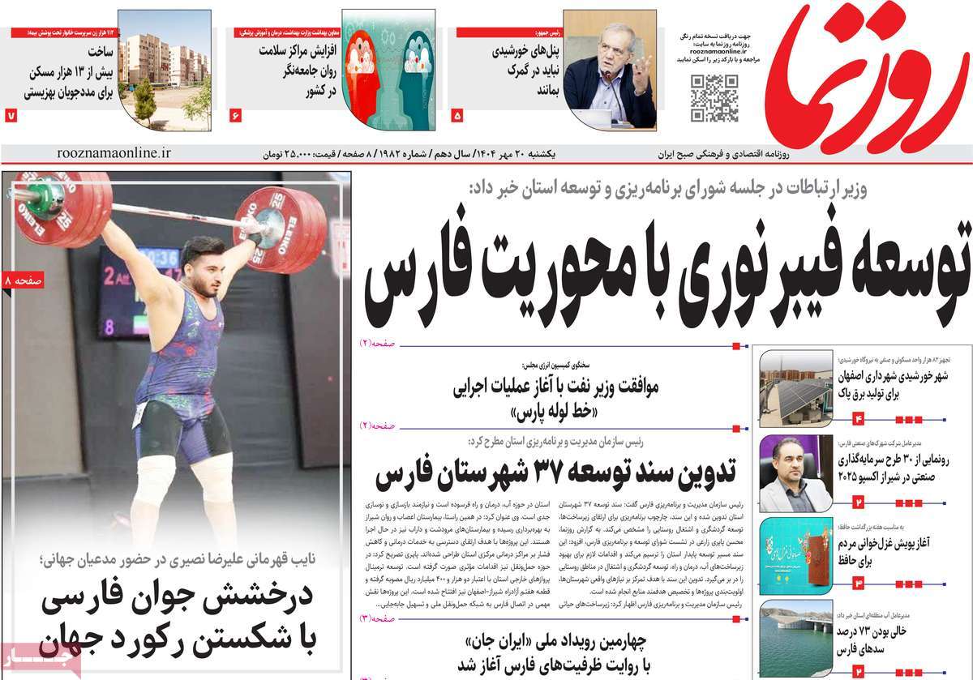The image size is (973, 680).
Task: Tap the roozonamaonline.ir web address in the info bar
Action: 114,152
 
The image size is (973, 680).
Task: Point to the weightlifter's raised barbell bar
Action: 162,212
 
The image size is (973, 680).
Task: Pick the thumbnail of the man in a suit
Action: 795,474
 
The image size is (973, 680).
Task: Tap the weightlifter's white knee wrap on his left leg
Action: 216,486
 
